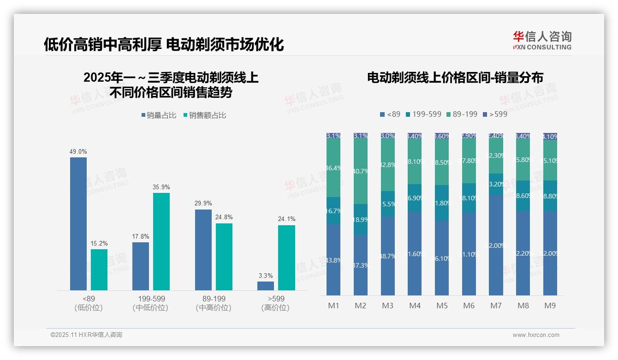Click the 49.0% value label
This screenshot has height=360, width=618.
(x=78, y=151)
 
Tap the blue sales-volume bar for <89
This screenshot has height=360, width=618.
(x=78, y=224)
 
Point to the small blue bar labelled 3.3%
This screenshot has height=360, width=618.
(x=266, y=286)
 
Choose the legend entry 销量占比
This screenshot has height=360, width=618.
(x=159, y=115)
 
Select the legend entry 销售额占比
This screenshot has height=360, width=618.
(x=205, y=115)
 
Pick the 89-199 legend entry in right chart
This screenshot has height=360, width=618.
(x=462, y=114)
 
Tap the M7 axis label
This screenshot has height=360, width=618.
(x=496, y=306)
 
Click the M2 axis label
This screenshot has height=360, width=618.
(x=361, y=306)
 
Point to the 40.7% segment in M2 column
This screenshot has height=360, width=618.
(x=361, y=171)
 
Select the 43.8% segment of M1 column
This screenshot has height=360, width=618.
(x=333, y=260)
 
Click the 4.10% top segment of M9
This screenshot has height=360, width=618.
(x=550, y=136)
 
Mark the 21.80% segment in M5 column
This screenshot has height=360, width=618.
(x=442, y=203)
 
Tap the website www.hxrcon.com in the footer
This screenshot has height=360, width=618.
(x=536, y=335)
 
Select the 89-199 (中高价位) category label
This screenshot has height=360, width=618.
(x=214, y=303)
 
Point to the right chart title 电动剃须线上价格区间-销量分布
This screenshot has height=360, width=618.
(x=455, y=77)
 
